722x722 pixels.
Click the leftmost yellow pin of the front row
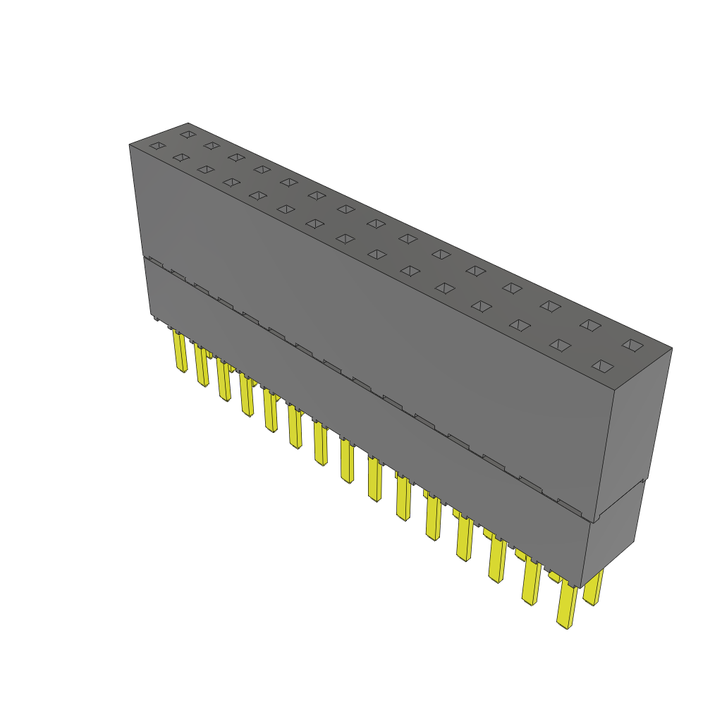[180, 353]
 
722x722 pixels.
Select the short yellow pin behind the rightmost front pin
[594, 589]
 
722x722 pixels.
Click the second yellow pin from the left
[202, 367]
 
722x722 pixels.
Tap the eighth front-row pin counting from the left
[347, 462]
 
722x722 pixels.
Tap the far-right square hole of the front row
[601, 365]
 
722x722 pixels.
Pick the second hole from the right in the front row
[560, 345]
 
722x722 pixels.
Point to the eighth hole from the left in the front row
[345, 238]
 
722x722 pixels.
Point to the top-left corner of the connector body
[130, 145]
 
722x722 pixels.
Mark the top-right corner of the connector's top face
[671, 348]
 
